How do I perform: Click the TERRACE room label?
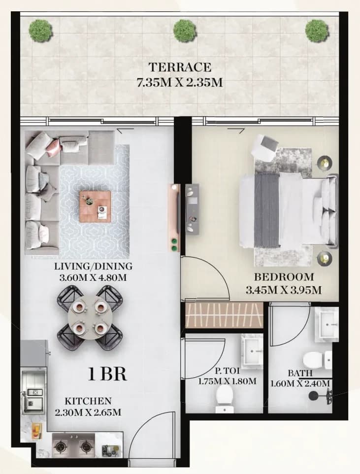[180, 67]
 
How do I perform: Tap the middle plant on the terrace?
[185, 31]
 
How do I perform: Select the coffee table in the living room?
[95, 206]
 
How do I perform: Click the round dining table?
[90, 317]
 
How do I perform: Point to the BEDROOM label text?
[284, 276]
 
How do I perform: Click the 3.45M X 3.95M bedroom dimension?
[283, 290]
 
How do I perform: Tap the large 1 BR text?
[107, 374]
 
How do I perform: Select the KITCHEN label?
[88, 401]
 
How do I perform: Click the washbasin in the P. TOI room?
[252, 352]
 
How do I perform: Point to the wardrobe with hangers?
[224, 315]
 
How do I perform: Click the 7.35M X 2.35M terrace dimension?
[180, 82]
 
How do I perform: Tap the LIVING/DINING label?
[93, 267]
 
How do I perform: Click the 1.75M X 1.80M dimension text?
[228, 381]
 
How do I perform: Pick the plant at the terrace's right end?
[317, 31]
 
